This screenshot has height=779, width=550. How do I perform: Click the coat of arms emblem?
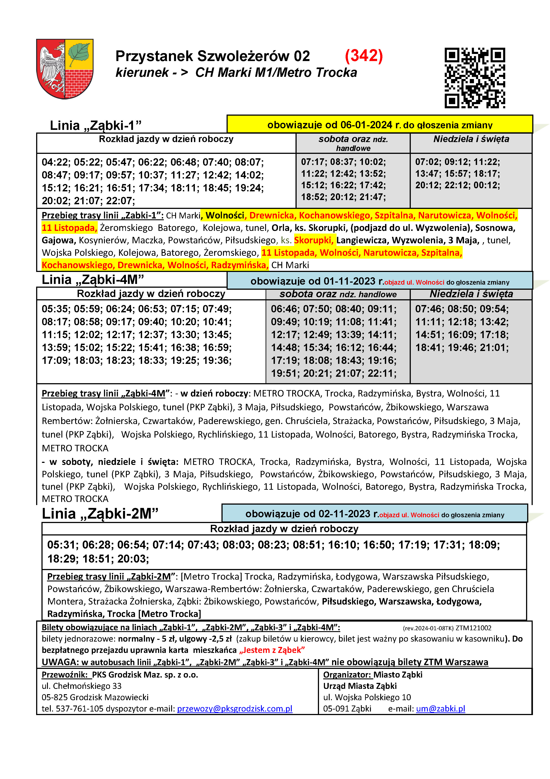coord(65,69)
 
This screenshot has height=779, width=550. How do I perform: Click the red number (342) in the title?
coord(364,56)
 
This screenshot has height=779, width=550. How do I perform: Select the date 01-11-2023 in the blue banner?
coord(349,281)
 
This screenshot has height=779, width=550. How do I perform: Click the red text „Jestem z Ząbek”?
coord(272,650)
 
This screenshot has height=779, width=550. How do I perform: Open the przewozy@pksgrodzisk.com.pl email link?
coord(235,709)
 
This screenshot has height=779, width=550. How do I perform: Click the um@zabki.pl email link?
coord(440,709)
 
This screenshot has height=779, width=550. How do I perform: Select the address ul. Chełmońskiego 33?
coord(81,686)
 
